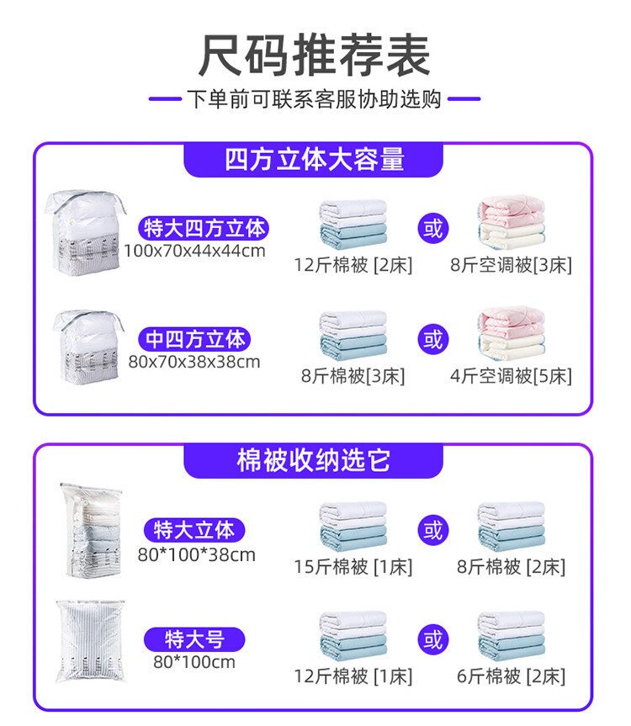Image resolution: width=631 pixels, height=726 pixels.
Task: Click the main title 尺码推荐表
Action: click(315, 56)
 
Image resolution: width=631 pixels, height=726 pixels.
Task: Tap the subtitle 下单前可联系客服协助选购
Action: click(315, 99)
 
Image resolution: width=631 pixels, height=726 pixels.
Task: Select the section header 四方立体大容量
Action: click(314, 159)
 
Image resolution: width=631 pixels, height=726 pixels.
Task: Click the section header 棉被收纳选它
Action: click(314, 461)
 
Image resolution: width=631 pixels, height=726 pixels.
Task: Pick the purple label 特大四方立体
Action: click(205, 228)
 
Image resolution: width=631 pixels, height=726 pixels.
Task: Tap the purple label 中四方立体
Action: click(196, 339)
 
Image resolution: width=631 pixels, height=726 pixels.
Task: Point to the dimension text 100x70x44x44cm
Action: click(194, 251)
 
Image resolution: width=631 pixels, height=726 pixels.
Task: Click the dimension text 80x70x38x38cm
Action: click(194, 363)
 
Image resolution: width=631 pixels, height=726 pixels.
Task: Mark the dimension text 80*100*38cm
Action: click(196, 554)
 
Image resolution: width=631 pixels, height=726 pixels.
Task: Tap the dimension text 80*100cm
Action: click(194, 662)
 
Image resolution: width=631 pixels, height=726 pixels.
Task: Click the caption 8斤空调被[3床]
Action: click(511, 266)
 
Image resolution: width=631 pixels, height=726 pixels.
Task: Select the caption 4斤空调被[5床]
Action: click(511, 376)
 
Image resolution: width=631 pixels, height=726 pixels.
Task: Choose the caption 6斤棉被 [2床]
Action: click(511, 676)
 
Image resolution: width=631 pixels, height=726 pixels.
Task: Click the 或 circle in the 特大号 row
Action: click(432, 640)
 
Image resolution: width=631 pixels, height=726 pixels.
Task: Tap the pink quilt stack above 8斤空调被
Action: click(511, 223)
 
